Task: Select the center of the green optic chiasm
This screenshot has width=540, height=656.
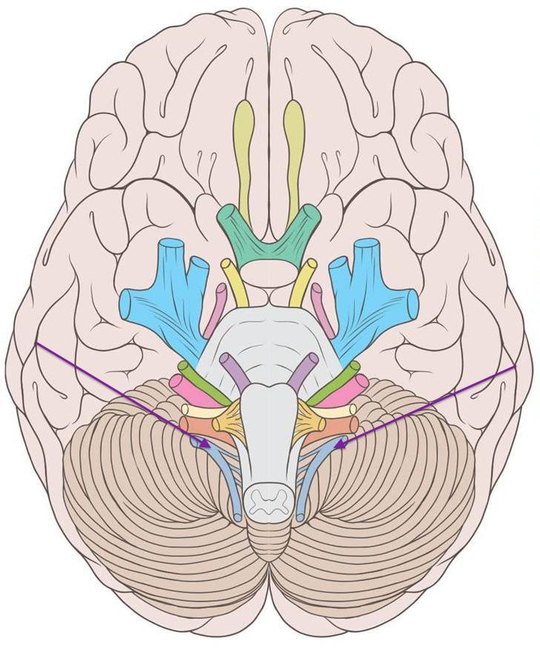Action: click(269, 244)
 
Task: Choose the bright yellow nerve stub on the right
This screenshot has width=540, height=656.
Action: click(304, 281)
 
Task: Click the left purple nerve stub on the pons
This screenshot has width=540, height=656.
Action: click(236, 371)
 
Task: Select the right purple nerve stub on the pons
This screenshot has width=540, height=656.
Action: click(303, 371)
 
